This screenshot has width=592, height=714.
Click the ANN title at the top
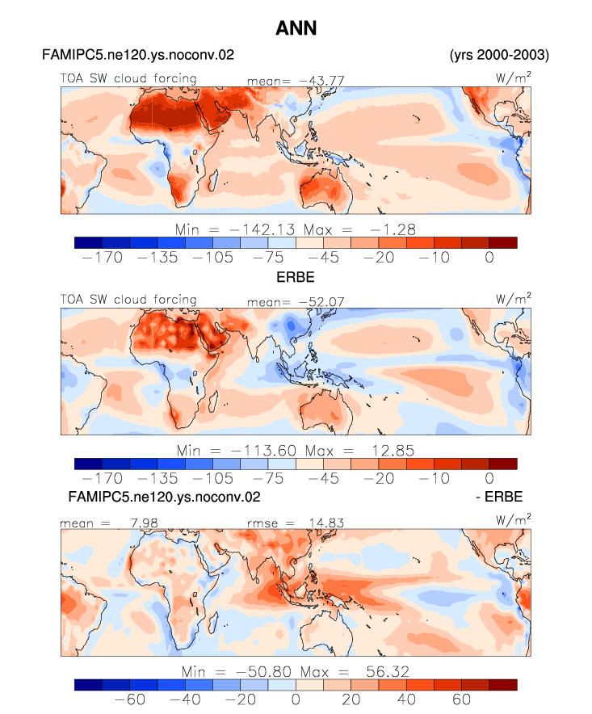296,28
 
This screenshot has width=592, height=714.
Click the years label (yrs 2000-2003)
499,55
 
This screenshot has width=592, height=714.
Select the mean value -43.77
321,81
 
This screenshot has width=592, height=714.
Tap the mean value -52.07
321,302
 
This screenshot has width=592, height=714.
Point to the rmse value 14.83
326,523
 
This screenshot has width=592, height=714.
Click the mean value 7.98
144,523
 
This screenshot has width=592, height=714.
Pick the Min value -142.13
262,229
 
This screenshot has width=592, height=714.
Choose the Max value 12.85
393,451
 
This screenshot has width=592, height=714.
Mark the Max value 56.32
388,672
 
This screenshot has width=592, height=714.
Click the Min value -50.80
263,672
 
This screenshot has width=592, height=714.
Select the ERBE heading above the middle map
296,277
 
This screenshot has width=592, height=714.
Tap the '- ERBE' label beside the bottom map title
499,497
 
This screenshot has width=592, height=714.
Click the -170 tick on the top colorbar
103,258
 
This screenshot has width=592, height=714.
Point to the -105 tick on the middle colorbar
212,479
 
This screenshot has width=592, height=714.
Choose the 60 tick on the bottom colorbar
461,699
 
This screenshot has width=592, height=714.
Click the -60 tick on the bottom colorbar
130,699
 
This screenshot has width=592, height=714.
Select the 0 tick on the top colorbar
489,258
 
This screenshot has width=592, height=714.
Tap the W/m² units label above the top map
513,78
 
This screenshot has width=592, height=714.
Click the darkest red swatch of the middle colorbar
503,464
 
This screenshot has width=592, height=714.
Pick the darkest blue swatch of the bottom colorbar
88,685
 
